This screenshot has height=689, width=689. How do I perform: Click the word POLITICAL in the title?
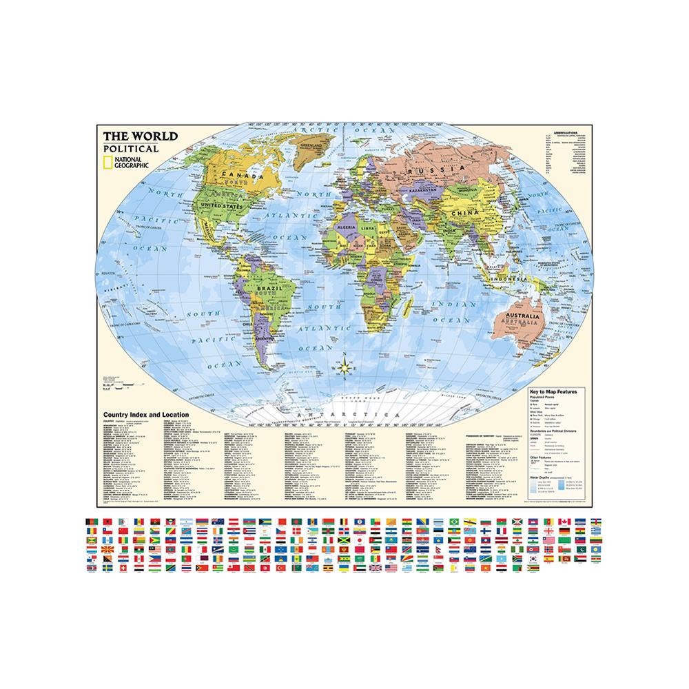tap(130, 148)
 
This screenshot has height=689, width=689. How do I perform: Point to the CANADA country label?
tap(250, 176)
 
